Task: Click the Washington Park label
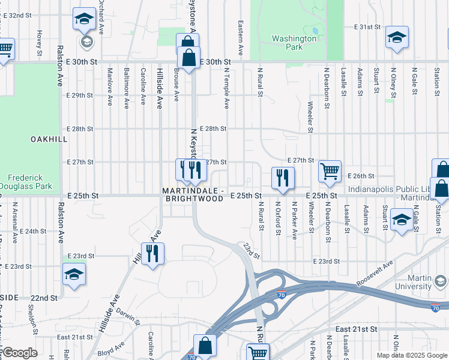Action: [294, 43]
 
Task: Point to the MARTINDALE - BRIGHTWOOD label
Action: [193, 194]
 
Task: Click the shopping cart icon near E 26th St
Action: [330, 171]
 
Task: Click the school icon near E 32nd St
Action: [84, 19]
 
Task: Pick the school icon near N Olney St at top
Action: [396, 37]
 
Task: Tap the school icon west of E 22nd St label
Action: [74, 274]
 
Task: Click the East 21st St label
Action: [356, 329]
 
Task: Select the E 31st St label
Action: [367, 28]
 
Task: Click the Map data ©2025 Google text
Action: [411, 355]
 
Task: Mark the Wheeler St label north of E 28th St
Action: [310, 116]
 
